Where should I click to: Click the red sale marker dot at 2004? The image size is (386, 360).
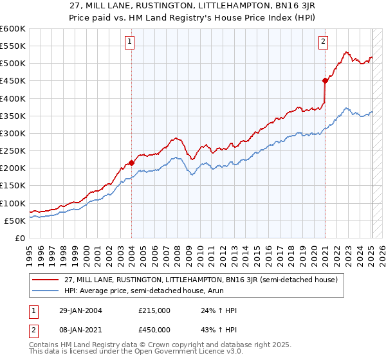131,163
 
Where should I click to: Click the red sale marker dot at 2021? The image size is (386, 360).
325,80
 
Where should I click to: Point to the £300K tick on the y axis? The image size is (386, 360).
12,133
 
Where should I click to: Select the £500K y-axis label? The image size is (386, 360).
12,64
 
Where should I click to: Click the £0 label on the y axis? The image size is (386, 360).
19,238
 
